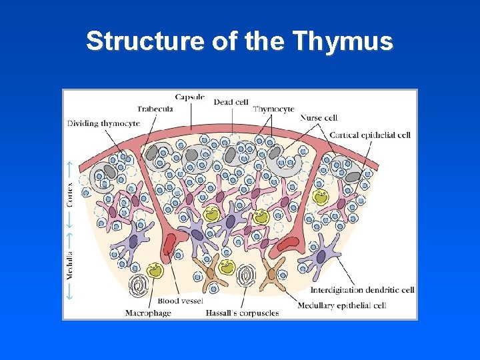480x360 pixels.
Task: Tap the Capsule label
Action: (x=190, y=97)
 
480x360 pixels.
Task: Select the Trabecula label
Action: (x=155, y=109)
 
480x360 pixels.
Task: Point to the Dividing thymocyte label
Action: (x=103, y=123)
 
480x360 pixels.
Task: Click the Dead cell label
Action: (x=231, y=102)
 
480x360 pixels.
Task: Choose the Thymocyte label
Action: (x=273, y=109)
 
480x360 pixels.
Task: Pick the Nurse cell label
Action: (x=319, y=117)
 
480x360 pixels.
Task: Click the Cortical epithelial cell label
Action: (x=369, y=135)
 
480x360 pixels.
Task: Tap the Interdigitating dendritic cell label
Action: (x=363, y=290)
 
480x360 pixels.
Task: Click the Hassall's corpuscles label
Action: (x=242, y=313)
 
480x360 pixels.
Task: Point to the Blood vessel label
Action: (x=180, y=301)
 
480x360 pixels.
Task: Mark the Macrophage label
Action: (x=148, y=313)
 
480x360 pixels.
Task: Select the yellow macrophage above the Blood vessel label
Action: (x=156, y=270)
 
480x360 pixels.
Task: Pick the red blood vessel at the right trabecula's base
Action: (x=288, y=243)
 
